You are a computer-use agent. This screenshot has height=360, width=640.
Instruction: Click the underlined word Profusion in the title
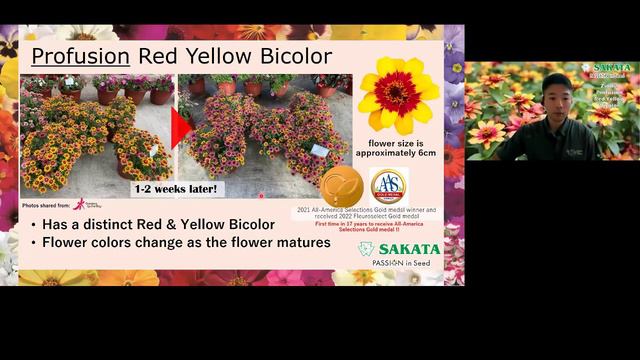click(75, 54)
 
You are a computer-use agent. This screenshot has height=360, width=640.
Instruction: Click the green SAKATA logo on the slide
click(399, 249)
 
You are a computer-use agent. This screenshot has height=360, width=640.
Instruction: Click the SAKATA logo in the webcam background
click(610, 69)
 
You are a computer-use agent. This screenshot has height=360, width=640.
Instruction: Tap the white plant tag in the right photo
click(321, 149)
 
